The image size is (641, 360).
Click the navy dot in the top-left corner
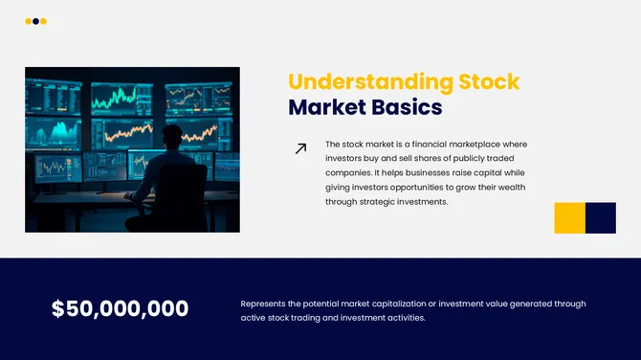pyautogui.click(x=35, y=21)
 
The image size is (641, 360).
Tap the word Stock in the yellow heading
pyautogui.click(x=489, y=81)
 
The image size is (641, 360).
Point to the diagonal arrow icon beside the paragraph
pyautogui.click(x=300, y=148)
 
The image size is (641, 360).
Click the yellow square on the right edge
pyautogui.click(x=569, y=217)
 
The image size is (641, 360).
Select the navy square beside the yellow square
pyautogui.click(x=601, y=217)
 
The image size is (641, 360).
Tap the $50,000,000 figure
pyautogui.click(x=120, y=309)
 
